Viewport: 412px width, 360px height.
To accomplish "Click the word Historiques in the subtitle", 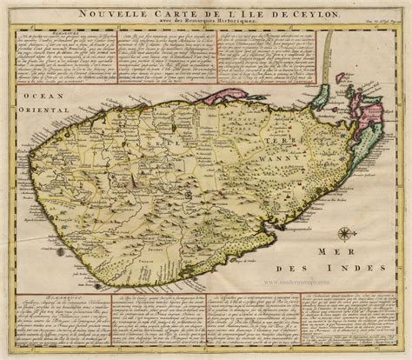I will coord(248,22).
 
